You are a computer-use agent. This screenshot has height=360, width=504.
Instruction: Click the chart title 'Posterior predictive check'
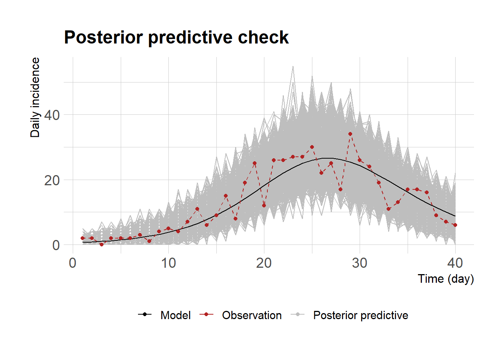coord(176,37)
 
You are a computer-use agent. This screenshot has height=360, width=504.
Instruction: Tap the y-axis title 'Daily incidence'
coord(35,97)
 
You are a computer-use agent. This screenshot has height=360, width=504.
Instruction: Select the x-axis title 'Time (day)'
coord(446,279)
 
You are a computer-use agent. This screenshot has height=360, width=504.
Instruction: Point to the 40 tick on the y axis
coord(52,115)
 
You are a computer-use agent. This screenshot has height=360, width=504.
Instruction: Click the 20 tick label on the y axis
coord(52,180)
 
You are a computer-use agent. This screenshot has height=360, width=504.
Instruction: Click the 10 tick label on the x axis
coord(168,263)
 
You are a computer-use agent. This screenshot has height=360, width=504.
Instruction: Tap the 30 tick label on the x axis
coord(360,263)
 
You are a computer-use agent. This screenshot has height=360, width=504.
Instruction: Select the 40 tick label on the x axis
coord(455,263)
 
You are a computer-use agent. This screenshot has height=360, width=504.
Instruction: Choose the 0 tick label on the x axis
coord(73,263)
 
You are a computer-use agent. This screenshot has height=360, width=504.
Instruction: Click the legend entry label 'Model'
coord(175,315)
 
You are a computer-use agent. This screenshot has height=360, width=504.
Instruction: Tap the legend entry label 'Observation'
coord(252,315)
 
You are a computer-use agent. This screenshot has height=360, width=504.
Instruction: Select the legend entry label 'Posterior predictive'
coord(361,315)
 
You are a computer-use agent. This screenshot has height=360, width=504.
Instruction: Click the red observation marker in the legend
coord(206,314)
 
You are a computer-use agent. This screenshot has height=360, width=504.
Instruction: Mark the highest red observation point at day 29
coord(350,134)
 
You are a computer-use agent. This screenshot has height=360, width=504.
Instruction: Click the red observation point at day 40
coord(455,225)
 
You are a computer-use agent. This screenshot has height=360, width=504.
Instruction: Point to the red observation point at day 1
coord(82,238)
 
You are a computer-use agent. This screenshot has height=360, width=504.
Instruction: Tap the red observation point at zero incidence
coord(102,244)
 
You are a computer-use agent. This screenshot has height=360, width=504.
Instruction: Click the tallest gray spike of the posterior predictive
coord(293,67)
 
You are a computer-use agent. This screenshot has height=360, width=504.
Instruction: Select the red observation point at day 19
coord(255,163)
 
